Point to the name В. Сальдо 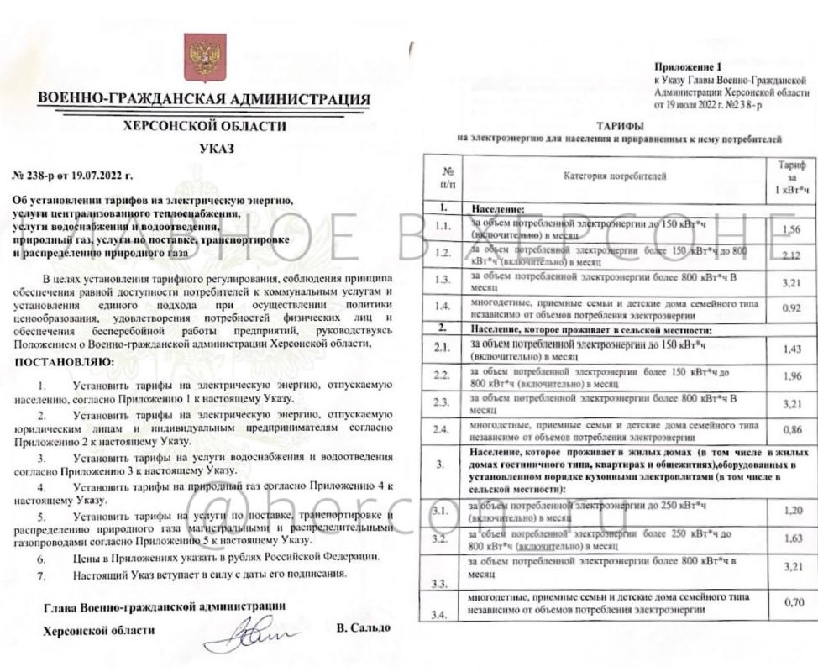pos(363,628)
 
